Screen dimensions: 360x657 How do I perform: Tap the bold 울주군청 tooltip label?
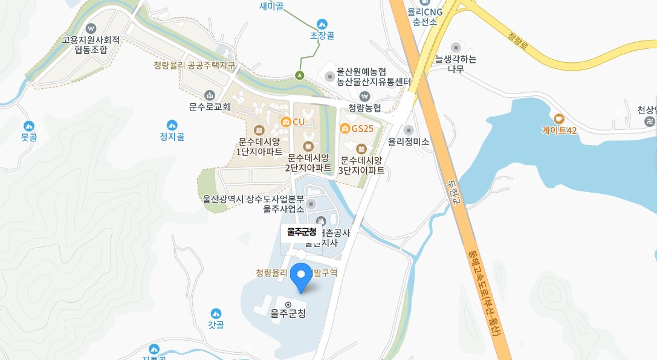pos(302,231)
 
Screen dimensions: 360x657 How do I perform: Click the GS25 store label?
pos(363,128)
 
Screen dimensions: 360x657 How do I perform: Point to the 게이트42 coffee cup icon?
pos(559,118)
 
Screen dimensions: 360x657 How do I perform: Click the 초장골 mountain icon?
pos(322,24)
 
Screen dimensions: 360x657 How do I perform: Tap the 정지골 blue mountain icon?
pos(172,125)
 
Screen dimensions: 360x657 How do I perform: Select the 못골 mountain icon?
pos(29,126)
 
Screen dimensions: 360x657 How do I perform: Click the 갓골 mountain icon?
pos(216,313)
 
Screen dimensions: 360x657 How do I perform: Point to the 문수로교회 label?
pos(210,107)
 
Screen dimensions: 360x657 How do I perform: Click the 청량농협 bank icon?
pos(364,96)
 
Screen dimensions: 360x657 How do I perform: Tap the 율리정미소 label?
pos(409,142)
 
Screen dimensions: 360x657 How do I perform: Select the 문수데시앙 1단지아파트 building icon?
pos(259,130)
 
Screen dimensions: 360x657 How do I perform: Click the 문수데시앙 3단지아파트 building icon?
pos(361,149)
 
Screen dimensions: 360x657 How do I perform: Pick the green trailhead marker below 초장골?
pos(299,75)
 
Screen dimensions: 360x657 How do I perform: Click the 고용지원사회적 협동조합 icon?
pos(91,28)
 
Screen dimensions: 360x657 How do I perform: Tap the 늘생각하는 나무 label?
pos(456,64)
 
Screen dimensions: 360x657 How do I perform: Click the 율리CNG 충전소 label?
pos(425,16)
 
